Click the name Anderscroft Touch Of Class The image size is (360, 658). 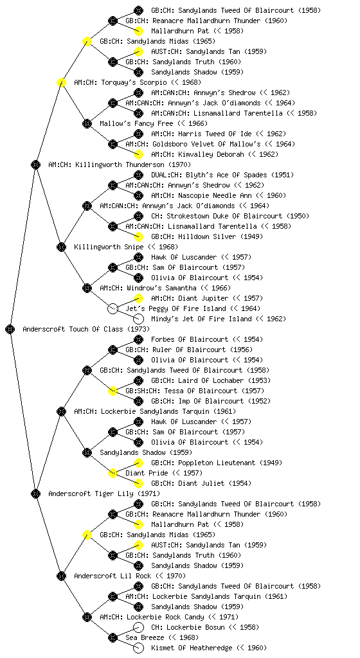(x=73, y=329)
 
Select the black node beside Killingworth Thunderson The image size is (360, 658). (x=35, y=164)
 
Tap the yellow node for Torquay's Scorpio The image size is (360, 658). (x=61, y=82)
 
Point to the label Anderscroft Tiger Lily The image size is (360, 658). (x=91, y=493)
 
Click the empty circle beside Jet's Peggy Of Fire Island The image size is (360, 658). (x=113, y=308)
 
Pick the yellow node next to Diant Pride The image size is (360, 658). (x=113, y=473)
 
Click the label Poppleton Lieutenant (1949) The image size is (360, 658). (x=217, y=463)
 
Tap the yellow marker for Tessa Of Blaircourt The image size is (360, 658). (x=113, y=391)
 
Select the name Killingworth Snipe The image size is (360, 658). (x=109, y=247)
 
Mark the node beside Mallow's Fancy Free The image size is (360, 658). (x=87, y=123)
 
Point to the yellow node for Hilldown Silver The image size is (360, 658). (x=138, y=236)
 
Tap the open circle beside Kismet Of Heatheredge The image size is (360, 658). (x=138, y=648)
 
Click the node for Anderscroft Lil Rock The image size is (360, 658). (x=61, y=576)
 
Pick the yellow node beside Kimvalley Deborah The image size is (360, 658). (x=138, y=154)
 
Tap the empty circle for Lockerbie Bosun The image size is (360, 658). (x=138, y=627)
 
